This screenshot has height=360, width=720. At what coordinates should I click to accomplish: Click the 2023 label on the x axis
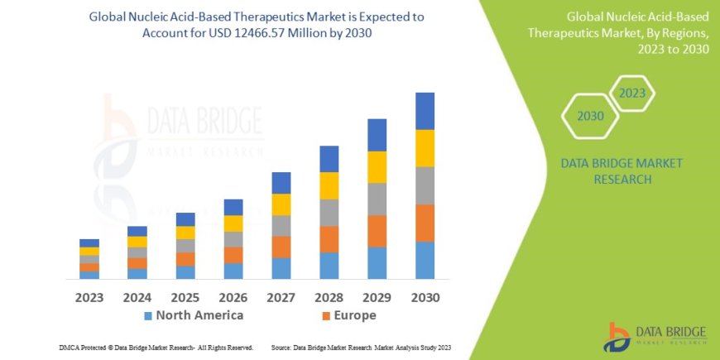89,296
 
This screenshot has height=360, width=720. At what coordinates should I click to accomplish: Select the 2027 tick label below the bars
281,296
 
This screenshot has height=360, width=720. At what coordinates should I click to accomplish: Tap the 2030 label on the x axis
425,296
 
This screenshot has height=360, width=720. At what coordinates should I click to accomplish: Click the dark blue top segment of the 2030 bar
425,111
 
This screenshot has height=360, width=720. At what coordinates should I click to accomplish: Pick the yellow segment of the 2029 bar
377,167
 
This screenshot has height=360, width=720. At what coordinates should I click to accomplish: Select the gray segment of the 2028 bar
329,213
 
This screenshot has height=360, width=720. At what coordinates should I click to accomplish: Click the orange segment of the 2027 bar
281,247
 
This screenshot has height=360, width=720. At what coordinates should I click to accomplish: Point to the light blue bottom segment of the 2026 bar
233,271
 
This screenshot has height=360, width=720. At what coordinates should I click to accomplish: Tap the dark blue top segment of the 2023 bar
89,243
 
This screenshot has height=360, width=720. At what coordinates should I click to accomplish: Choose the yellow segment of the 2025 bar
185,233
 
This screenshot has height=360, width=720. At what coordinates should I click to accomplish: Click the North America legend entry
194,315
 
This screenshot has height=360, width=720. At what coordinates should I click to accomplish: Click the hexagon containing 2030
590,117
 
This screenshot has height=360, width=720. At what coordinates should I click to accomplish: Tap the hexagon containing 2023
631,94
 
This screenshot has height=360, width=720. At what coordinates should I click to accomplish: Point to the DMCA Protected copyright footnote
156,347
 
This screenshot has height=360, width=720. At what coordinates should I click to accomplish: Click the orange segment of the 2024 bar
137,263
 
